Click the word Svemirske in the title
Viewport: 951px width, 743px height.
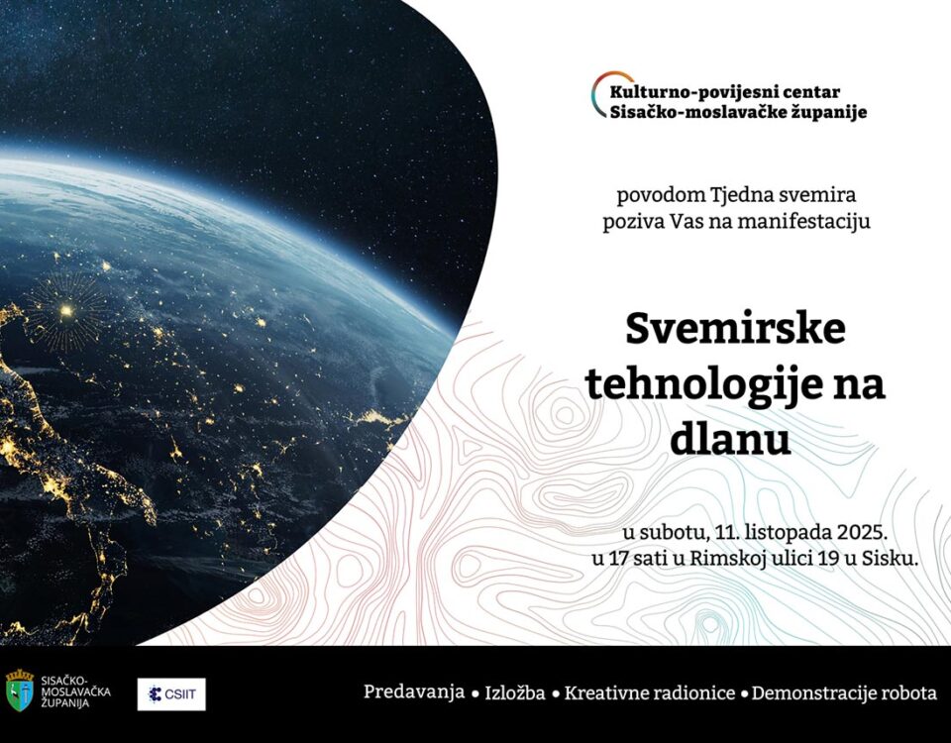735,328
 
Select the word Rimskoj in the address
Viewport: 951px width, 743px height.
725,559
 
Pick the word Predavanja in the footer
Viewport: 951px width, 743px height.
414,692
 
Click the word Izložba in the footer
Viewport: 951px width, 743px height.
515,692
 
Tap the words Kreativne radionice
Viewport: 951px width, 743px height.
650,692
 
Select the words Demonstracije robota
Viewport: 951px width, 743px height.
844,692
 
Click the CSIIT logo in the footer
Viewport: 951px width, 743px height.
171,693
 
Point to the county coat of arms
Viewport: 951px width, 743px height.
20,690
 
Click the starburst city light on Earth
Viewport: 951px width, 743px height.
66,311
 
